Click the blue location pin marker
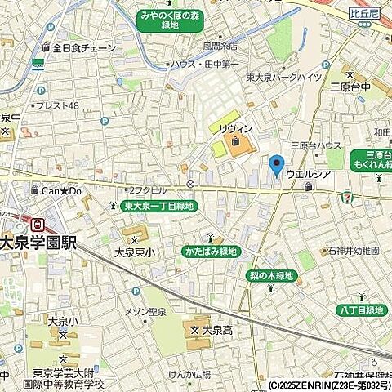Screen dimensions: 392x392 coord(276,165)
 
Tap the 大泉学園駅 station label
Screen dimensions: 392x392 coord(49,243)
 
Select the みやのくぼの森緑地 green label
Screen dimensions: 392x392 coord(170,20)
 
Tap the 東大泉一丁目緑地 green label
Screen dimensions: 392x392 coord(158,207)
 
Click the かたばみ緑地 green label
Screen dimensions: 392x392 coord(210,252)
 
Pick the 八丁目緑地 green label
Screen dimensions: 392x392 coord(360,310)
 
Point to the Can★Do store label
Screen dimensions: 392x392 coord(63,190)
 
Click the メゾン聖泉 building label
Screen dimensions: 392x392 coord(147,310)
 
